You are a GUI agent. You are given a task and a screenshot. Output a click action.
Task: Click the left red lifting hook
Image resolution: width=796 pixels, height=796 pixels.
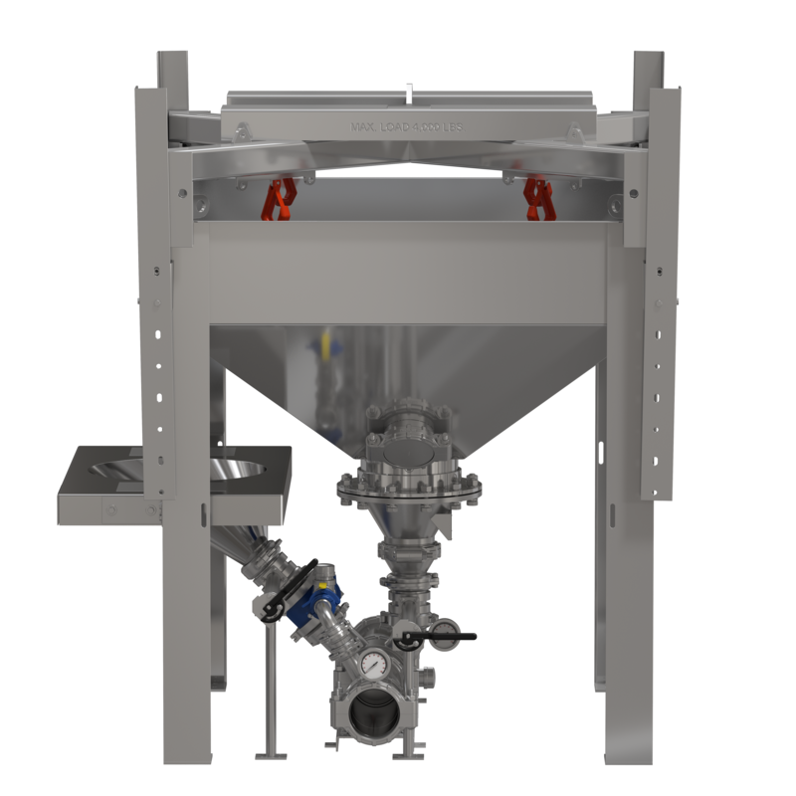279,198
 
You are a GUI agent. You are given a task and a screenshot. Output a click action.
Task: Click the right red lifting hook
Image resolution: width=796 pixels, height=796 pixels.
537,198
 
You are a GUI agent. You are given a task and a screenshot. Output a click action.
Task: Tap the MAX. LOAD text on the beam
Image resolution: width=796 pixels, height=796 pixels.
407,127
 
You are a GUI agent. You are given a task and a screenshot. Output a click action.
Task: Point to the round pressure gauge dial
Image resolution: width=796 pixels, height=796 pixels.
373,664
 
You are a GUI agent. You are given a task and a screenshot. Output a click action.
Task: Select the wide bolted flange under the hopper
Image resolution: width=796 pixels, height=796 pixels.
409,488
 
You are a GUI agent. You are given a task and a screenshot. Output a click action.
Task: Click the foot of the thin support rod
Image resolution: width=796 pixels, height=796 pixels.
268,752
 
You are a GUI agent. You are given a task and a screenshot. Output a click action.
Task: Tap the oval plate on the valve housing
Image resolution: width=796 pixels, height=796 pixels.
409,451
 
